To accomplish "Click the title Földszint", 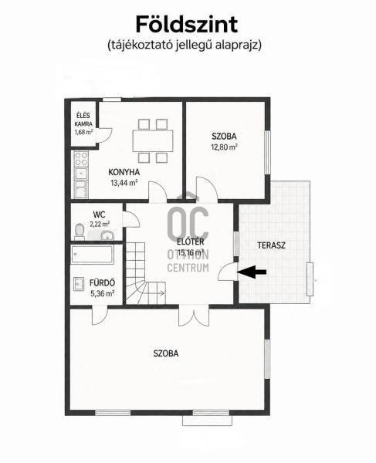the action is [x=187, y=25].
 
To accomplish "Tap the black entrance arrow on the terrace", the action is [x=252, y=272].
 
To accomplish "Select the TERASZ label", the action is [x=271, y=245].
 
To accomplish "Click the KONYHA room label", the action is [x=124, y=172].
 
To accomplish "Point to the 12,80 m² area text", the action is [x=224, y=147].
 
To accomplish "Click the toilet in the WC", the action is [x=80, y=231].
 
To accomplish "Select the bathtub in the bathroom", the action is [x=92, y=255].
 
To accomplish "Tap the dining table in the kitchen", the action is [x=153, y=140].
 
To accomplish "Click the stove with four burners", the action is [x=81, y=159].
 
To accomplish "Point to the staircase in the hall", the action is [x=144, y=273].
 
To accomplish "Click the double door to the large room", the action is [x=194, y=316].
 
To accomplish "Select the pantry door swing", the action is [x=104, y=135].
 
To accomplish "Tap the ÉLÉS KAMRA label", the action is [x=83, y=120].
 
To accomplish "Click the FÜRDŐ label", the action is [x=102, y=283].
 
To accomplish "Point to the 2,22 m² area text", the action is [x=100, y=224].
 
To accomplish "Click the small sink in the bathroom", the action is [x=79, y=284].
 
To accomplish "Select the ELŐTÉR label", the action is [x=191, y=242].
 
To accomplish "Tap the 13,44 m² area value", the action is [x=124, y=183].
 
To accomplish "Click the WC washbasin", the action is [x=107, y=235].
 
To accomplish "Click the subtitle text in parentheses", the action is [x=185, y=46].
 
